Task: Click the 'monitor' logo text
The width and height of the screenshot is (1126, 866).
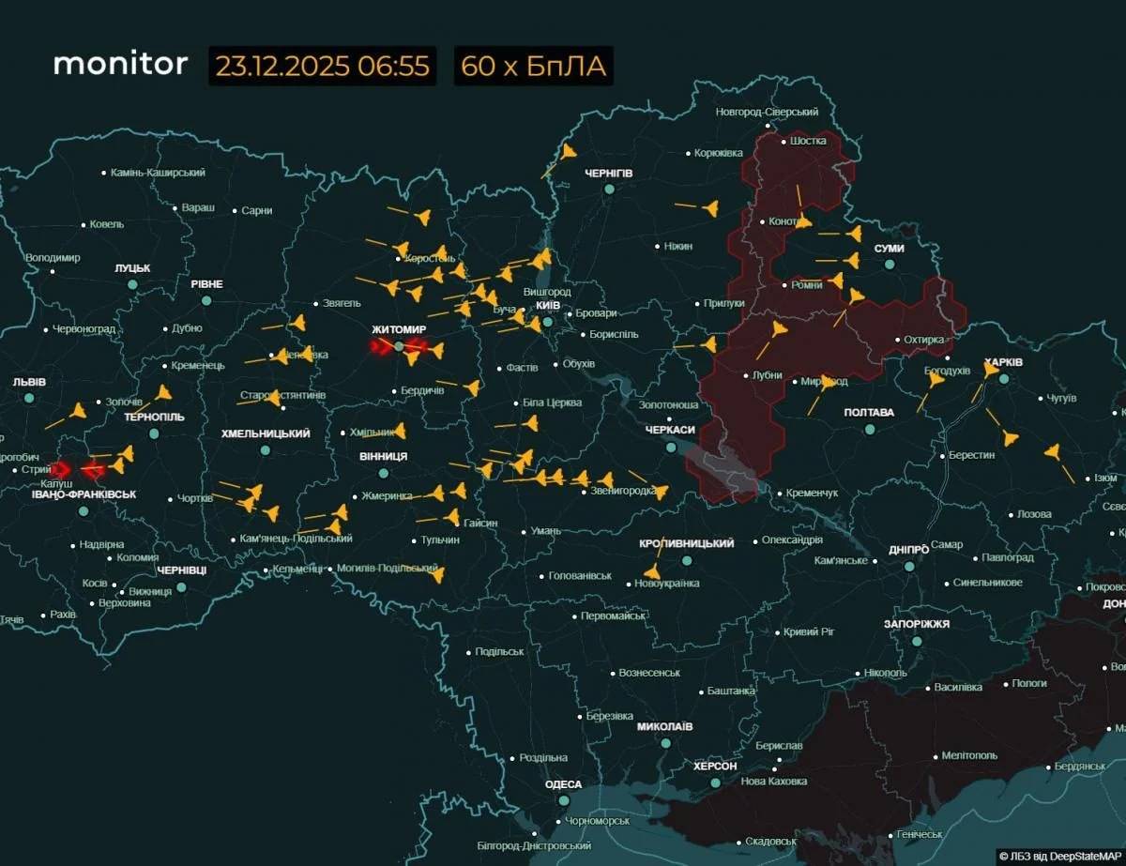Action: [x=120, y=64]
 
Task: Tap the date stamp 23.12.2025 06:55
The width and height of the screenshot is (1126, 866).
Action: [x=322, y=67]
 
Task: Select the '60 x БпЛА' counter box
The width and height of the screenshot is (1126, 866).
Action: [x=533, y=67]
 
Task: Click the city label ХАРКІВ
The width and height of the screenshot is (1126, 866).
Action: [x=1003, y=362]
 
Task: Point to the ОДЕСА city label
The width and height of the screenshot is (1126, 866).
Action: [x=563, y=784]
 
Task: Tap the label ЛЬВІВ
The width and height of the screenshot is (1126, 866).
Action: [x=29, y=382]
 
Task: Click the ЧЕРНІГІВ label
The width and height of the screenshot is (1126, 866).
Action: [x=608, y=174]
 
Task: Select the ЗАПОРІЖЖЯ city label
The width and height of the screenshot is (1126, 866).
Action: [x=916, y=624]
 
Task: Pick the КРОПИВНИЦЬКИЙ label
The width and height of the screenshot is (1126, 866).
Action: [x=685, y=543]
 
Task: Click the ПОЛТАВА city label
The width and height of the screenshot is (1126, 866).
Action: [x=869, y=412]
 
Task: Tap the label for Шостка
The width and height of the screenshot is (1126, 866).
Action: [x=808, y=141]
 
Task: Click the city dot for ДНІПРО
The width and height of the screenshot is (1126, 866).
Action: [x=909, y=566]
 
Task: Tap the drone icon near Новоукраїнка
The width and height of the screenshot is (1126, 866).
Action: [x=651, y=571]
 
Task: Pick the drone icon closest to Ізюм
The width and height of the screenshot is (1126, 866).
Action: [x=1053, y=453]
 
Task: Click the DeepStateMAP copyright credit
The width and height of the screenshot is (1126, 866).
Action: [x=1058, y=856]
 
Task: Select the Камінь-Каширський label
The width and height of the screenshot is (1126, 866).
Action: [x=158, y=173]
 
